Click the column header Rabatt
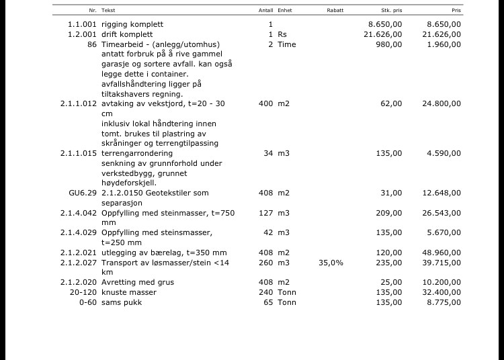coord(335,11)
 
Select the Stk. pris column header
coord(391,11)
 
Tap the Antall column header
coord(265,11)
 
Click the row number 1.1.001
coord(82,24)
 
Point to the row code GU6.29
coord(83,193)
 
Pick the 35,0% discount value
coord(331,263)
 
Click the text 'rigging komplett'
coord(132,24)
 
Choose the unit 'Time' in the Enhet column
coord(286,44)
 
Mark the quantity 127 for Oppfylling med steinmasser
coord(265,213)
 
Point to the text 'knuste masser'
coord(128,292)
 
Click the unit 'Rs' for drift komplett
coord(282,34)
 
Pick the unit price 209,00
coord(389,213)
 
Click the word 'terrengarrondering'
coord(137,153)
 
